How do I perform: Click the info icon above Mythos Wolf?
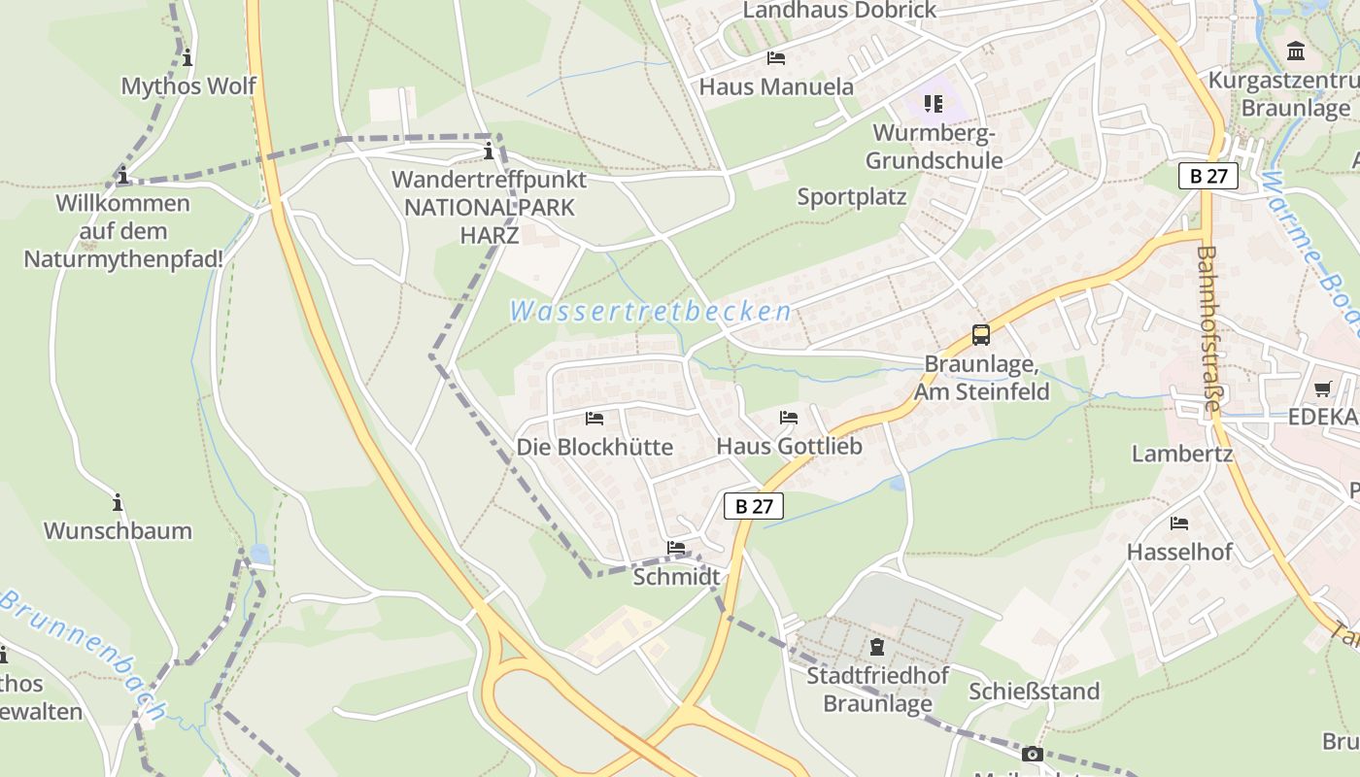click(187, 57)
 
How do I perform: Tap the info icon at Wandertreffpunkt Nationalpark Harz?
click(489, 152)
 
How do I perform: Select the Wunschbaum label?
click(118, 531)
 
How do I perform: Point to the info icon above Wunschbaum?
click(118, 503)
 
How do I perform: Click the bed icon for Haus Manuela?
click(775, 58)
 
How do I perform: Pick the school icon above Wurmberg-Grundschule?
click(934, 103)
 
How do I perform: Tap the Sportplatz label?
click(852, 197)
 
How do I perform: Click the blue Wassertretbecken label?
click(650, 312)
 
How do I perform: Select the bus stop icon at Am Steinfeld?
click(981, 336)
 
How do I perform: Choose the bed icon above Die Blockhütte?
click(595, 419)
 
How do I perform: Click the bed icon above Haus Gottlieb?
click(789, 418)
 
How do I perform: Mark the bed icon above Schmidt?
click(676, 549)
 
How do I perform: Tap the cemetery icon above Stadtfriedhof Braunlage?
click(877, 647)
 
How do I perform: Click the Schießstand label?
click(1034, 692)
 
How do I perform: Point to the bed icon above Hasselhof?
click(1179, 524)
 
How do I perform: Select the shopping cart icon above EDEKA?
click(1322, 389)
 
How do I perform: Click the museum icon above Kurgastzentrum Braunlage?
click(1296, 51)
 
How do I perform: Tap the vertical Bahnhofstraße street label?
click(1207, 330)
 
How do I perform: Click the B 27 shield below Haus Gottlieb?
click(753, 506)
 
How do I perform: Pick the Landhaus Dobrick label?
click(839, 11)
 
